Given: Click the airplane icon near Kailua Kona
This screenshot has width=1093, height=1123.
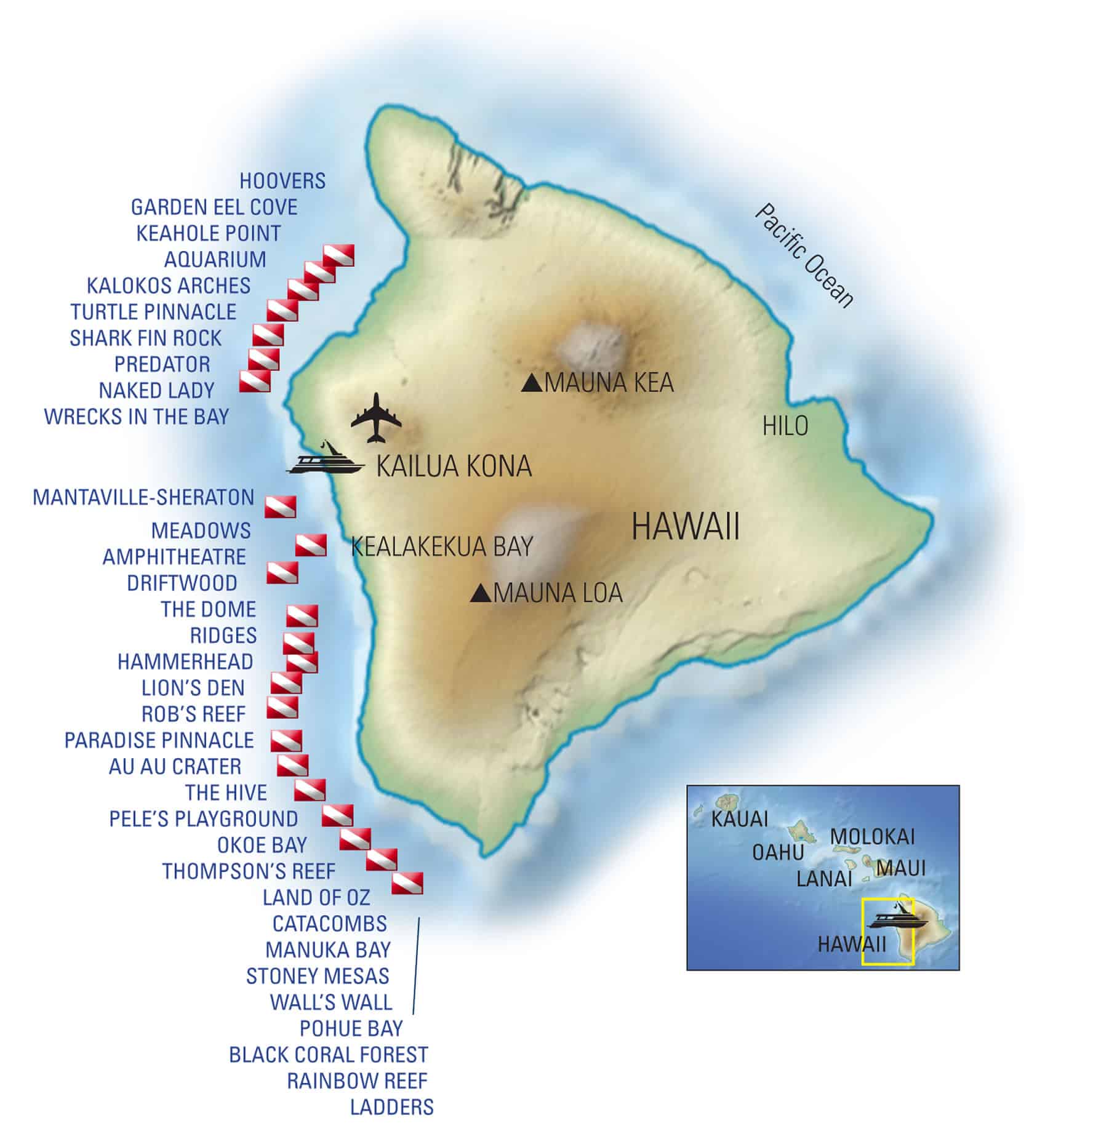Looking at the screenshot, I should pyautogui.click(x=376, y=418).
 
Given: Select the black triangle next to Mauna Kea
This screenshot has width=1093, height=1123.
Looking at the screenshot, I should pyautogui.click(x=531, y=383).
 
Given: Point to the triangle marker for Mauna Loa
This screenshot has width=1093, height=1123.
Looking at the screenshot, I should pyautogui.click(x=480, y=593).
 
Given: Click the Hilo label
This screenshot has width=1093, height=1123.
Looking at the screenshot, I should pyautogui.click(x=785, y=426).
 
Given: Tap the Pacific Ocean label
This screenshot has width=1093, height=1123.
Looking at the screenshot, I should pyautogui.click(x=804, y=255).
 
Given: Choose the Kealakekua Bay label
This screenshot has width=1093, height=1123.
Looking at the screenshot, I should pyautogui.click(x=441, y=546).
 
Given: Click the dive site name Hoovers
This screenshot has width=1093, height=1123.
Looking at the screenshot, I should pyautogui.click(x=282, y=181).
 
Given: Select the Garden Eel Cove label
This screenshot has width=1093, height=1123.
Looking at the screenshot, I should pyautogui.click(x=214, y=207).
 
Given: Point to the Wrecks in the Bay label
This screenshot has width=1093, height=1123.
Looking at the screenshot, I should pyautogui.click(x=136, y=417).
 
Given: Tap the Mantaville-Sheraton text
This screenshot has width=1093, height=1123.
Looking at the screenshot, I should pyautogui.click(x=143, y=497).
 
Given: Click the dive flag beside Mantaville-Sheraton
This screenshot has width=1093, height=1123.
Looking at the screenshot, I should pyautogui.click(x=280, y=506).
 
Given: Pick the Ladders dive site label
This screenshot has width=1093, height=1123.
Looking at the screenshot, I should pyautogui.click(x=391, y=1107).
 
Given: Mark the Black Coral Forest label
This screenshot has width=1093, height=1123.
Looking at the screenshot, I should pyautogui.click(x=328, y=1054).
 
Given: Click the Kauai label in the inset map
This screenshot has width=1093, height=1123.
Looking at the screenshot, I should pyautogui.click(x=739, y=819).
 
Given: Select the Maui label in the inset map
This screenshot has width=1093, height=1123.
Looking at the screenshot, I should pyautogui.click(x=900, y=868).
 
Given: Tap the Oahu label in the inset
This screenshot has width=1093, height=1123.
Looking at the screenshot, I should pyautogui.click(x=778, y=852).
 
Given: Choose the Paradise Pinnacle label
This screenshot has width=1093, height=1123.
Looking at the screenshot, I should pyautogui.click(x=159, y=740).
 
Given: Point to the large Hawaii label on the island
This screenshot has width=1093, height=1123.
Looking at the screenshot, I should pyautogui.click(x=686, y=528).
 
